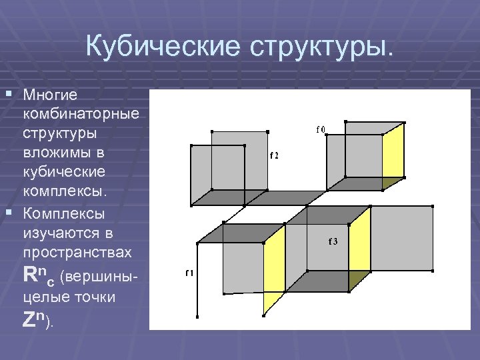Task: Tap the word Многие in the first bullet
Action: point(50,95)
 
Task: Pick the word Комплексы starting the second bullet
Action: point(64,214)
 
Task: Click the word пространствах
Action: point(77,254)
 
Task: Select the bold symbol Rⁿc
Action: point(39,275)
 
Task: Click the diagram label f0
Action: point(321,129)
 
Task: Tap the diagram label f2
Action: point(274,155)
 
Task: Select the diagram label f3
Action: point(333,241)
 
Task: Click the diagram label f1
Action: point(189,273)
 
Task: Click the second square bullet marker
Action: point(8,211)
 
